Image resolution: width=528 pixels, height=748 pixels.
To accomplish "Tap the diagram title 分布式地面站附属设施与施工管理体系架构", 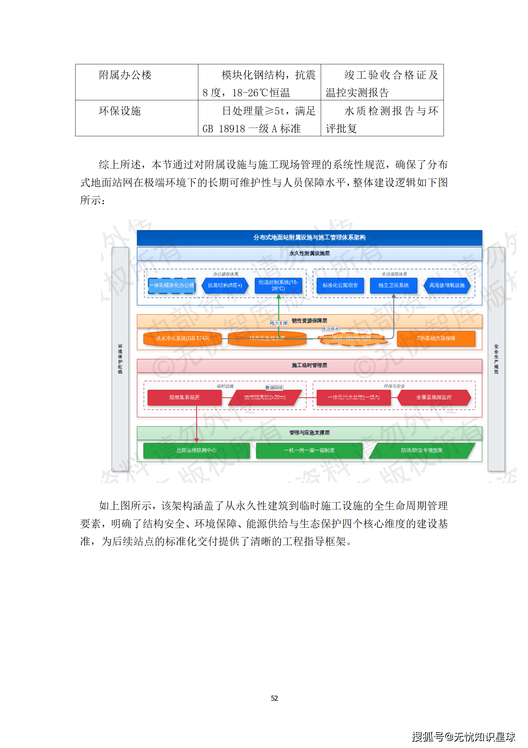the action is point(309,238).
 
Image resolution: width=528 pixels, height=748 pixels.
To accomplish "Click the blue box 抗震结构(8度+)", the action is point(225,286).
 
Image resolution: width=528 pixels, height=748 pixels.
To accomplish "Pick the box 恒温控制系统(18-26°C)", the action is point(278,286).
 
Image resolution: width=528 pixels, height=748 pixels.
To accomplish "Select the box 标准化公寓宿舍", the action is point(340,286).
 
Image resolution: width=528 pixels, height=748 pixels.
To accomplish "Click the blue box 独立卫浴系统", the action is point(393,286).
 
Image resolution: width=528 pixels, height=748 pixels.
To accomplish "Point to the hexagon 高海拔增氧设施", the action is point(447,286).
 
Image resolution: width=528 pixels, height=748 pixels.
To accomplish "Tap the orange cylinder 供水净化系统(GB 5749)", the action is point(182,339).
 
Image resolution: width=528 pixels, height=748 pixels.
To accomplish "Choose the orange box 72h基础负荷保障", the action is point(436,339).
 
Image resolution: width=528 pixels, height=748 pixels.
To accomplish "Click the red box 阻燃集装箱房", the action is point(184,397).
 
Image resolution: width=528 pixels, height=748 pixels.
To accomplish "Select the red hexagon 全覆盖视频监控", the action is point(434,397).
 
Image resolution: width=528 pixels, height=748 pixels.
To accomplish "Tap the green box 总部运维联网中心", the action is point(196,450).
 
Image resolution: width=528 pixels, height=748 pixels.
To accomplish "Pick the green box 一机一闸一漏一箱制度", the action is point(309,450).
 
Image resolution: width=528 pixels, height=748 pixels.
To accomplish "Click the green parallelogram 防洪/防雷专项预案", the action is point(422,450).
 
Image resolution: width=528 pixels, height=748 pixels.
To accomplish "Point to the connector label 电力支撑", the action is point(279,324).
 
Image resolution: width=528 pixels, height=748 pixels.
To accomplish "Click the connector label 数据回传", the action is point(274,388).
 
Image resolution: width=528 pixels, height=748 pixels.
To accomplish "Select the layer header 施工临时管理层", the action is point(309,366).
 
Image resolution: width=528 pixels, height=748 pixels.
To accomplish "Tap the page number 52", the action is point(274,698).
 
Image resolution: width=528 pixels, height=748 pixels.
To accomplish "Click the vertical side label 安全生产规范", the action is point(496,359).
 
